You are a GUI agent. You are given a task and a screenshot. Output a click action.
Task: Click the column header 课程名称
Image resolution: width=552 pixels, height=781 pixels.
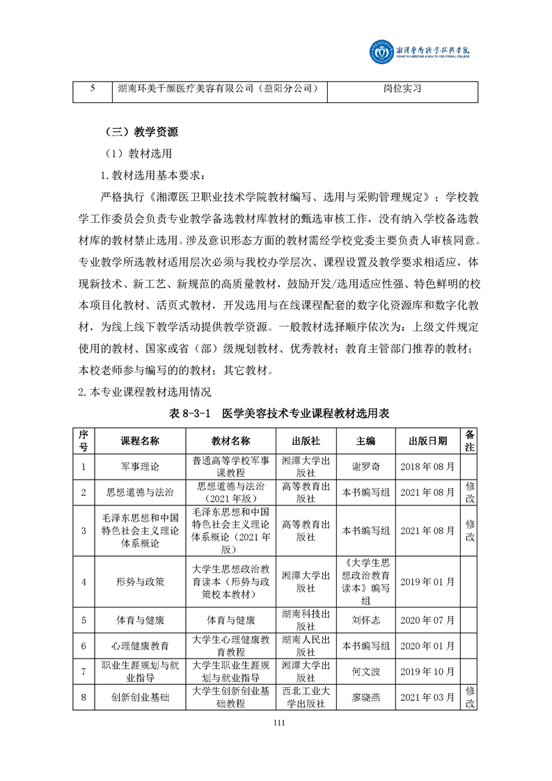pos(140,441)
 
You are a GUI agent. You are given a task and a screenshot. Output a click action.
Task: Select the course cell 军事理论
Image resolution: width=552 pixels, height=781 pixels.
pos(140,467)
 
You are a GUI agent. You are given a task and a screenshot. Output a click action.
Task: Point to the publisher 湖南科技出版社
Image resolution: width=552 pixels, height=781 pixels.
pos(306,620)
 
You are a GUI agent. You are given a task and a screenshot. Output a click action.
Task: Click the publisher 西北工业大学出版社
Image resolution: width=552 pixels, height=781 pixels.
pos(306,697)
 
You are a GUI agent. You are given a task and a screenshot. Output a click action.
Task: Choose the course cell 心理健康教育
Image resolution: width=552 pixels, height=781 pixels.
pos(140,646)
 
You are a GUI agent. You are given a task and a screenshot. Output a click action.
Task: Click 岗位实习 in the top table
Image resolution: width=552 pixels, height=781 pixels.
pos(402,89)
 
